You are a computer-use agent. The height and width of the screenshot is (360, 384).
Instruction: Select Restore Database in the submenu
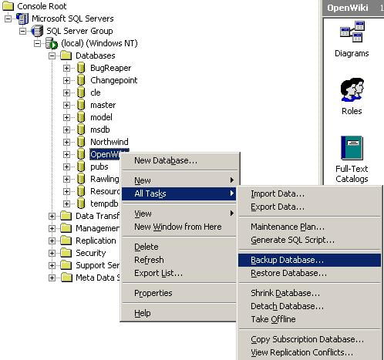click(x=288, y=273)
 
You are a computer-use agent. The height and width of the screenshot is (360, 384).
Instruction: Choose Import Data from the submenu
click(x=278, y=193)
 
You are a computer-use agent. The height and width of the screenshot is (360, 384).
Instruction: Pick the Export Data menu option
click(x=278, y=207)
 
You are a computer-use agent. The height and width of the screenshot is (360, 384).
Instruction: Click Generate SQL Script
click(x=292, y=240)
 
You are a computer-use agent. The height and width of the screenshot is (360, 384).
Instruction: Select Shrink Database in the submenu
click(x=285, y=293)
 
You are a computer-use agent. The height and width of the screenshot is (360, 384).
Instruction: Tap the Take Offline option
click(x=273, y=319)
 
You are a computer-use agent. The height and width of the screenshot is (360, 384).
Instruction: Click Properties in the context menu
click(x=153, y=293)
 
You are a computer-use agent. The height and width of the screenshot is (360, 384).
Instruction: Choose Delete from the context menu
click(x=147, y=247)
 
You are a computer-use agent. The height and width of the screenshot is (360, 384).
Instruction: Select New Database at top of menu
click(x=166, y=160)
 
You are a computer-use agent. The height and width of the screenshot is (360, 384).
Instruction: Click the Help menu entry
click(x=143, y=313)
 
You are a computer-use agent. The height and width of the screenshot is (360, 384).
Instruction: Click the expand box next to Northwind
click(x=66, y=142)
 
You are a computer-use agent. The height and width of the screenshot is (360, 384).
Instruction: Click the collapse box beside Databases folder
click(x=52, y=56)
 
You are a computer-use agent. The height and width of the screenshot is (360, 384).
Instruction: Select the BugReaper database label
click(x=111, y=68)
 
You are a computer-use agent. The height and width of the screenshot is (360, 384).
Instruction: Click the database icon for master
click(x=81, y=105)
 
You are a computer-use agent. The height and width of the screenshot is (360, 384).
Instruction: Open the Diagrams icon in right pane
click(x=352, y=32)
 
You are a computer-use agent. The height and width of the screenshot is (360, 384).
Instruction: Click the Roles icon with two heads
click(x=352, y=89)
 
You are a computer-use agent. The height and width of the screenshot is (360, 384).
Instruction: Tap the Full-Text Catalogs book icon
click(x=352, y=148)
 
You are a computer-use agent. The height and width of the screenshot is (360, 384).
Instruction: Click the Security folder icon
click(x=66, y=253)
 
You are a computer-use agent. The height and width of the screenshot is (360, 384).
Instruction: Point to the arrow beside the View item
click(x=232, y=214)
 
